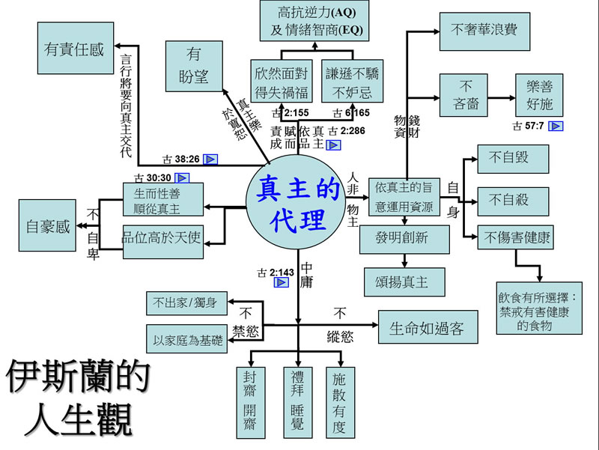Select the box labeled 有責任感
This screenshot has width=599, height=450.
coord(74,49)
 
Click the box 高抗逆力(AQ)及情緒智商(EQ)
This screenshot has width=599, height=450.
coord(317,22)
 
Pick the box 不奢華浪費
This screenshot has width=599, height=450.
coord(479,31)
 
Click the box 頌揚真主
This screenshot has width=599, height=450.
coord(404,281)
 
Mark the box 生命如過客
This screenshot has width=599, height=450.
coord(427,327)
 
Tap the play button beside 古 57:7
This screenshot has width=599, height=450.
coord(556,126)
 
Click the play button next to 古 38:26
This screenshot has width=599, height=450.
coord(210,159)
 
